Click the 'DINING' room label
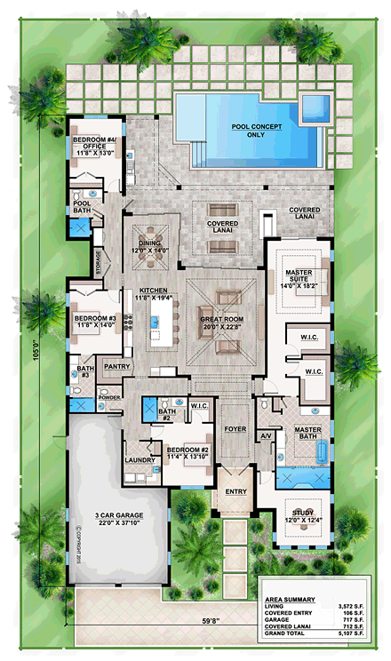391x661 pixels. point(150,245)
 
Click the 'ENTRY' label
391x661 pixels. point(235,490)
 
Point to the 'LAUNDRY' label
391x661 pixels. point(140,460)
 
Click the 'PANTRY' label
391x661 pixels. point(117,365)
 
